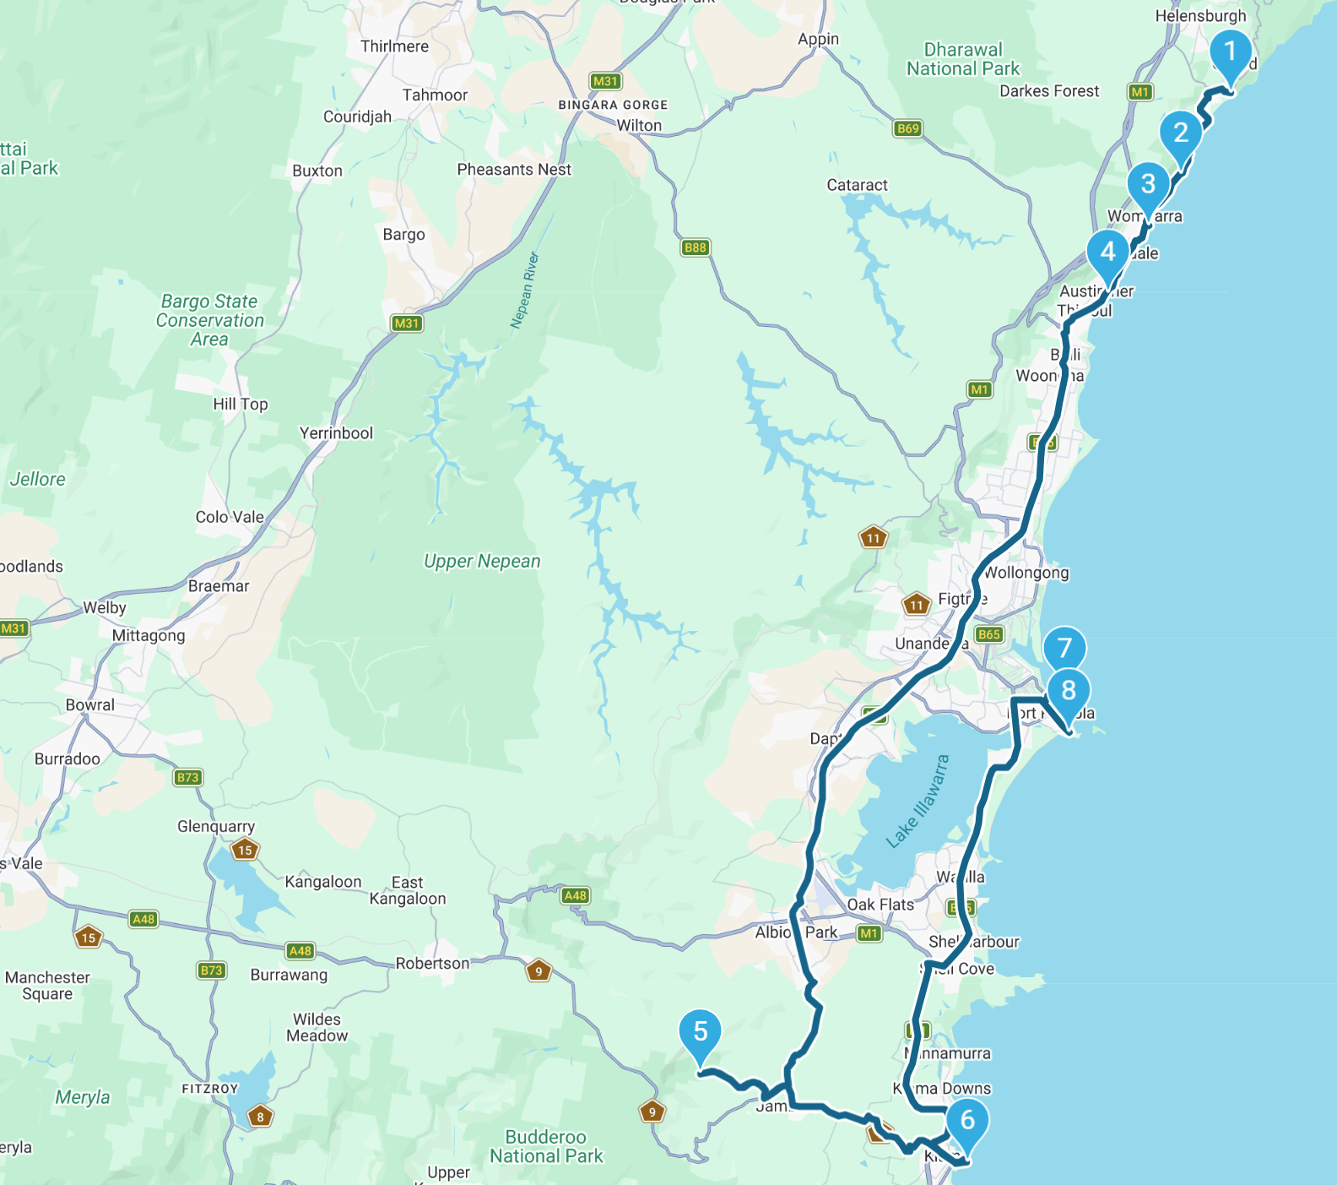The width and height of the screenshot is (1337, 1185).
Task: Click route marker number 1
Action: tap(1230, 52)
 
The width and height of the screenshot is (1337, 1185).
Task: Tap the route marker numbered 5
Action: tap(700, 1032)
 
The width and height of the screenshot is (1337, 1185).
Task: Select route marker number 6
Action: tap(967, 1121)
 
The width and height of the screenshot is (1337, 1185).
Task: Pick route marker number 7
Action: tap(1064, 649)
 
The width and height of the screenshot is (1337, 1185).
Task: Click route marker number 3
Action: tap(1148, 184)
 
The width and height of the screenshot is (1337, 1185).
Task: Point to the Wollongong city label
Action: tap(1026, 573)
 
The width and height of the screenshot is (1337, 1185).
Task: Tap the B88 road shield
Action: tap(696, 247)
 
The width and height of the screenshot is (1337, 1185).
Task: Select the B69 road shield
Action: tap(908, 128)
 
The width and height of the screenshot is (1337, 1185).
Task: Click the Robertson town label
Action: tap(432, 964)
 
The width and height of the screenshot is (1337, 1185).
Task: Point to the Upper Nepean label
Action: tap(482, 562)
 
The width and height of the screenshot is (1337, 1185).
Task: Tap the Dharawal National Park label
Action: tap(963, 59)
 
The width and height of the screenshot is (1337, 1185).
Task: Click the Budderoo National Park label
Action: tap(546, 1147)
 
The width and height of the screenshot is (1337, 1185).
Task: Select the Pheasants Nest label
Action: tap(514, 170)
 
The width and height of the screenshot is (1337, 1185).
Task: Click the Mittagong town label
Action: tap(149, 635)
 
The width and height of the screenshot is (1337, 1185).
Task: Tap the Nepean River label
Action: tap(524, 290)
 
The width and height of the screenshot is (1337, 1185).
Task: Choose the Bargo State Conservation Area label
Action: tap(209, 320)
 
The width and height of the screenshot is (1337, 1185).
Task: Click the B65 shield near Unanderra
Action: tap(988, 634)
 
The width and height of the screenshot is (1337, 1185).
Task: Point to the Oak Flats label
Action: tap(880, 905)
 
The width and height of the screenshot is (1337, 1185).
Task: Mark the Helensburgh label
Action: tap(1200, 16)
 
